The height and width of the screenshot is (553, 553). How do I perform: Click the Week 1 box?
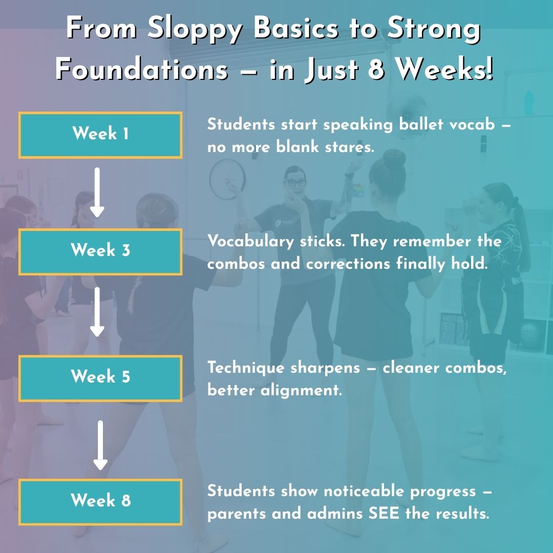[x=100, y=135]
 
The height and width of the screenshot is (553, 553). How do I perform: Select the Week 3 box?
[x=100, y=252]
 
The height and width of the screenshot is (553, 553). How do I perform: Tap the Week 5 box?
[x=100, y=378]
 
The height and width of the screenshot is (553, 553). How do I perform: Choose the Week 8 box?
[x=100, y=502]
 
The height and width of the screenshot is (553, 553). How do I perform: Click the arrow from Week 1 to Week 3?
[x=97, y=193]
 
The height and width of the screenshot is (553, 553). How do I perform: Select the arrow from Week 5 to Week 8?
[x=100, y=445]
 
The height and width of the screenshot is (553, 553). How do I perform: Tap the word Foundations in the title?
[x=142, y=69]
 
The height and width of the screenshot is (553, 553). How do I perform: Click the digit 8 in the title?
[x=376, y=69]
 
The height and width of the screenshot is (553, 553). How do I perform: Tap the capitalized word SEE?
[x=384, y=514]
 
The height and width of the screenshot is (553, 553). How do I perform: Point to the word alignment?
[x=302, y=390]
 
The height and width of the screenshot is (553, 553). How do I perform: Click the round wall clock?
[x=228, y=179]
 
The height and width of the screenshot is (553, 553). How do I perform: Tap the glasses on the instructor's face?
[x=296, y=182]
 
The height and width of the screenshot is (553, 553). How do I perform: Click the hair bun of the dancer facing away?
[x=394, y=159]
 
